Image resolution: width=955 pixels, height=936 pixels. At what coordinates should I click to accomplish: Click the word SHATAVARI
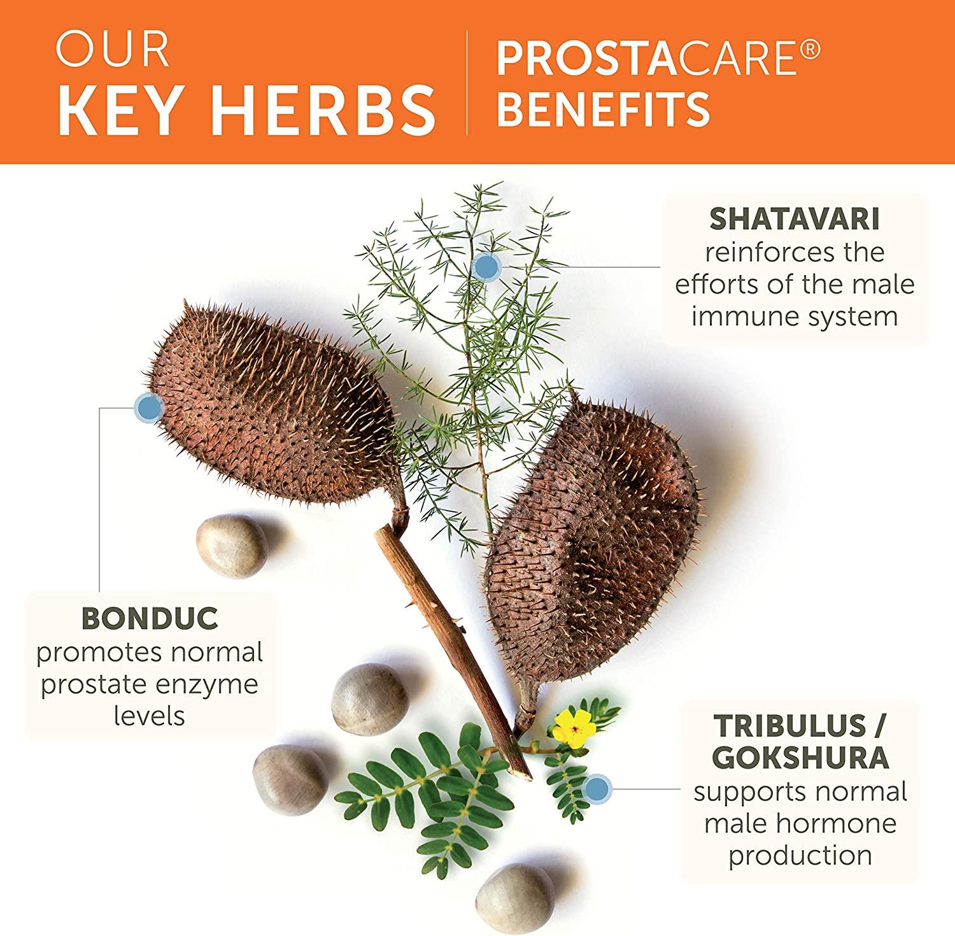coord(794,218)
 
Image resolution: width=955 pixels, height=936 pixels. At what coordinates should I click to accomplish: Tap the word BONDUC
coord(150,618)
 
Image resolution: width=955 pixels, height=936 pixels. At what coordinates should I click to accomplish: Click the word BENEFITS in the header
coord(603,108)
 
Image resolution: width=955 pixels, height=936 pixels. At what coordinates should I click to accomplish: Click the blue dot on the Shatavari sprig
coord(486,266)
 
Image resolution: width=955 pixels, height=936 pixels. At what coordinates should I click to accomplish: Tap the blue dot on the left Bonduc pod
coord(149,408)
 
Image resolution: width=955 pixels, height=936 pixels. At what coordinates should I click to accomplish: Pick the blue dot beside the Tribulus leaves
coord(597,790)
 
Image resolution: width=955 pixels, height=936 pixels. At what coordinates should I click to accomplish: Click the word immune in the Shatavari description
coord(741,316)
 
